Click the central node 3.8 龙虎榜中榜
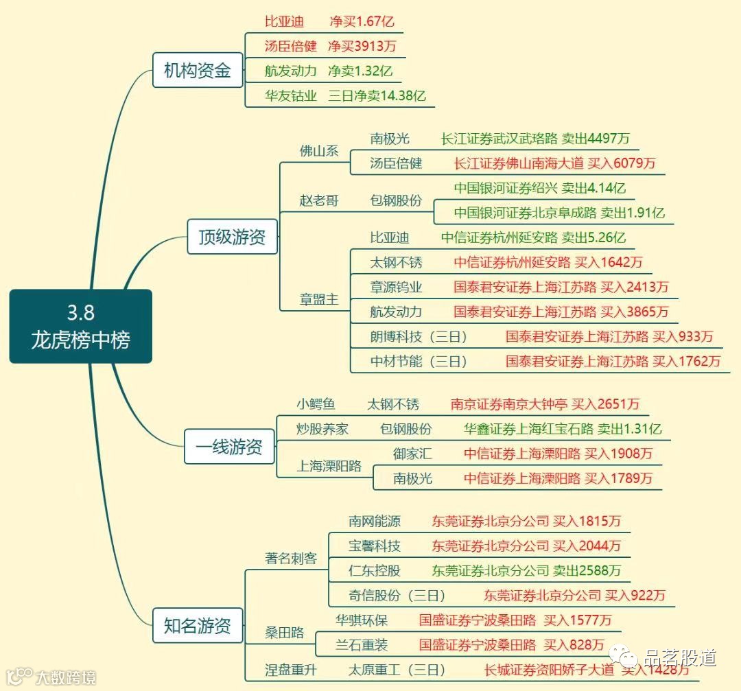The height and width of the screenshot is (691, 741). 80,326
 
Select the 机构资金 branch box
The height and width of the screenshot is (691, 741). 198,70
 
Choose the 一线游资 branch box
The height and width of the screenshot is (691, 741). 229,447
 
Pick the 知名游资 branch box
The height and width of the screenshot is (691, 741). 198,625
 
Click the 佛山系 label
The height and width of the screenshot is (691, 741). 319,151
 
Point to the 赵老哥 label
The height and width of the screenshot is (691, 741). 319,201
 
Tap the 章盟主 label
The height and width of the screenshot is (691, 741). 319,300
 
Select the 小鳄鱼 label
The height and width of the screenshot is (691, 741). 316,404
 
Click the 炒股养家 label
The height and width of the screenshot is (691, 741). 322,429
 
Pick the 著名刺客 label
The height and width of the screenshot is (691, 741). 291,558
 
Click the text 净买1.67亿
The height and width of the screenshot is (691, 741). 362,21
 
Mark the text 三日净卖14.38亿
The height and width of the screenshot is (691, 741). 377,96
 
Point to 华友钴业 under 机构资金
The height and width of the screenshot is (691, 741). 291,96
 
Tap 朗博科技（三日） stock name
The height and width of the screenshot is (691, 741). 419,336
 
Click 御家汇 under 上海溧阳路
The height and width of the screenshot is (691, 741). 412,454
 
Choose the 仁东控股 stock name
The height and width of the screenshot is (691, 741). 374,570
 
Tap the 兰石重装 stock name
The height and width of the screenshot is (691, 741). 362,645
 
